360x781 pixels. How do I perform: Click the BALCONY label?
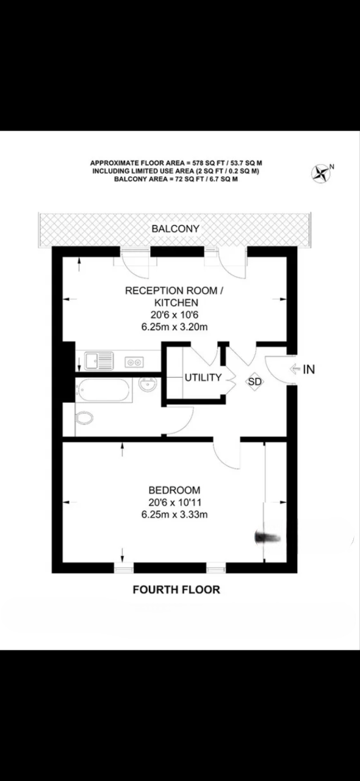pyautogui.click(x=176, y=229)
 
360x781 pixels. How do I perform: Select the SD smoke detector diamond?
pyautogui.click(x=254, y=381)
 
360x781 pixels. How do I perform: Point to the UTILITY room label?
pyautogui.click(x=203, y=378)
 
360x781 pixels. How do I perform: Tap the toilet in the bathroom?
pyautogui.click(x=85, y=419)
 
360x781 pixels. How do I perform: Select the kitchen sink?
pyautogui.click(x=99, y=361)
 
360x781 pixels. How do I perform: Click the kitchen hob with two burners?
pyautogui.click(x=134, y=362)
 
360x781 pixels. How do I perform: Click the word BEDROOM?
pyautogui.click(x=175, y=490)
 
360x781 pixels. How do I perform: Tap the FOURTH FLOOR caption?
pyautogui.click(x=176, y=590)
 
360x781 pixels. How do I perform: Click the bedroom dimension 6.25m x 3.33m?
pyautogui.click(x=175, y=514)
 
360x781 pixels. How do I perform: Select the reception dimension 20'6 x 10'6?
pyautogui.click(x=175, y=315)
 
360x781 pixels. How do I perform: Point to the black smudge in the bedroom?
pyautogui.click(x=267, y=537)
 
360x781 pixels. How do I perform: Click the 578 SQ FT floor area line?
pyautogui.click(x=176, y=164)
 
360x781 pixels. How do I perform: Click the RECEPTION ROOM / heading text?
pyautogui.click(x=175, y=291)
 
